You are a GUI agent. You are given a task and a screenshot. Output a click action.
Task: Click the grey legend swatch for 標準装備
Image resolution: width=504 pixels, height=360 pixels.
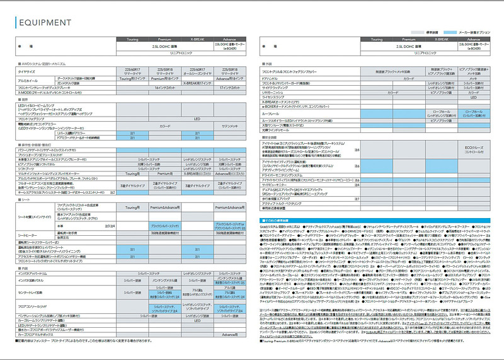point(419,32)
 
